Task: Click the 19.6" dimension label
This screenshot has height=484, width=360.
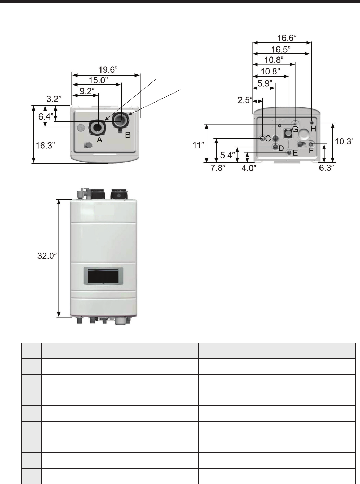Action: point(108,70)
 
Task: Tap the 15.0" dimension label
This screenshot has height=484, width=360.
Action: point(98,80)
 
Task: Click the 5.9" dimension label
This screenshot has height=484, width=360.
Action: point(265,83)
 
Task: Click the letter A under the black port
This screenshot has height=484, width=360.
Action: point(99,140)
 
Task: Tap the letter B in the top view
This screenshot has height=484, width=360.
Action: point(128,135)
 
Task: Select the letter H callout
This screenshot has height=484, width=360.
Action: point(313,129)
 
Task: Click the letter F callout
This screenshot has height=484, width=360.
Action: point(311,151)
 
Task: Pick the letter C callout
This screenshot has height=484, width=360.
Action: point(268,139)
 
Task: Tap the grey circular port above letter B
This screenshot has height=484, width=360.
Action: point(121,120)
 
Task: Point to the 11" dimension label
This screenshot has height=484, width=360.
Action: point(197,145)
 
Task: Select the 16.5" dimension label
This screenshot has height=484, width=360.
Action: point(281,49)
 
